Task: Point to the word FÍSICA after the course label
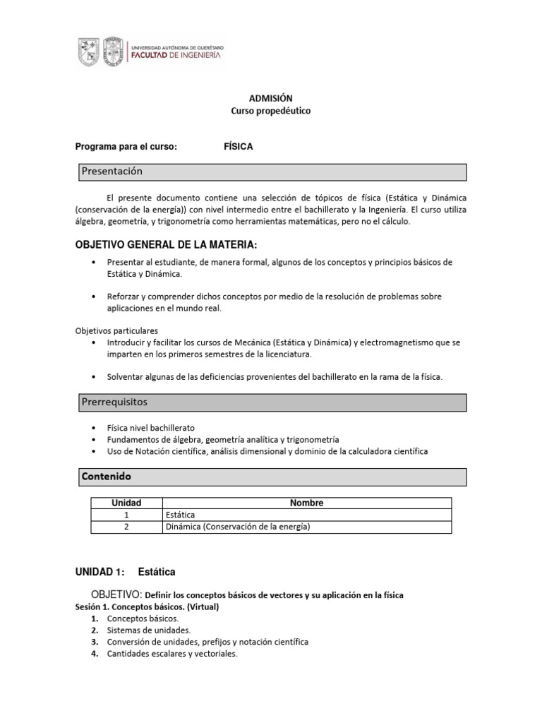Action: pyautogui.click(x=238, y=147)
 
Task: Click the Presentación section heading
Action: pyautogui.click(x=112, y=172)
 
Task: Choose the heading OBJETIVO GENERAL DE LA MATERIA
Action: pyautogui.click(x=167, y=245)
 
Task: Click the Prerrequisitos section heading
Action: pyautogui.click(x=114, y=402)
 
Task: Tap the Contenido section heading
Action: pyautogui.click(x=107, y=477)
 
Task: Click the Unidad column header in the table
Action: pyautogui.click(x=127, y=503)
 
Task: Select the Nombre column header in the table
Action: pyautogui.click(x=306, y=503)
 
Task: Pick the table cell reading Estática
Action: pyautogui.click(x=180, y=515)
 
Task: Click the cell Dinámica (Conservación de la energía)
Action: pyautogui.click(x=238, y=527)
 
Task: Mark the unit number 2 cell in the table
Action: pyautogui.click(x=127, y=527)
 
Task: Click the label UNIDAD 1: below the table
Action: pyautogui.click(x=100, y=571)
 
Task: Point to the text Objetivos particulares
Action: pyautogui.click(x=116, y=330)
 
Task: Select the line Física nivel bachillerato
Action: pyautogui.click(x=151, y=428)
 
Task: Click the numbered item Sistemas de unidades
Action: pyautogui.click(x=149, y=630)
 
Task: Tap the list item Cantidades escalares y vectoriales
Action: pyautogui.click(x=172, y=654)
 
